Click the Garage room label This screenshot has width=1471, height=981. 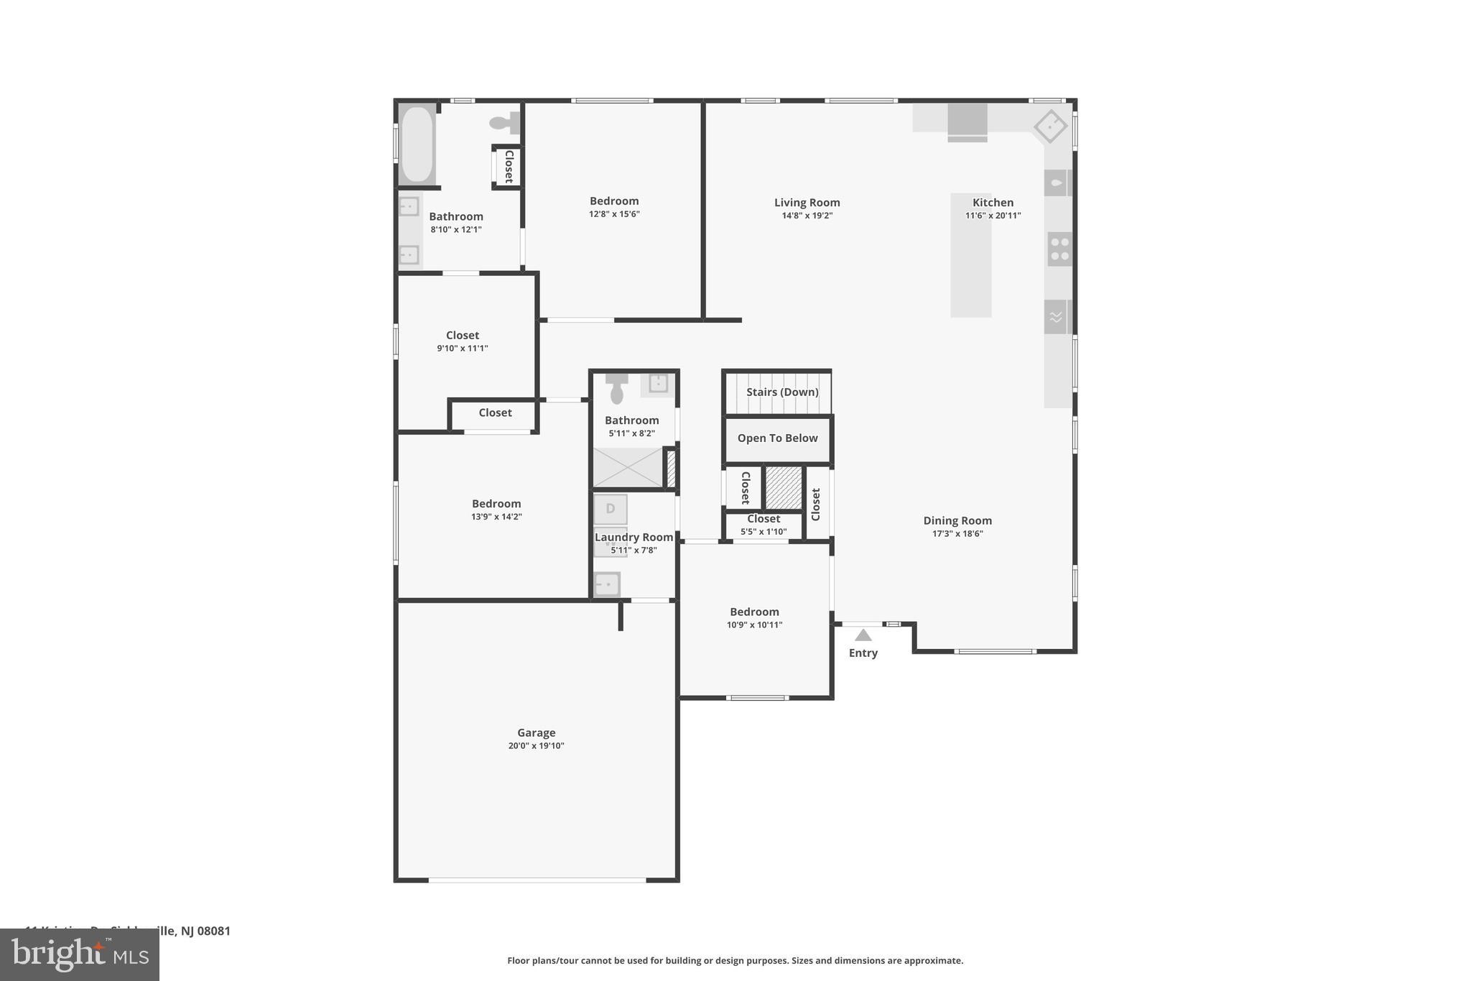536,733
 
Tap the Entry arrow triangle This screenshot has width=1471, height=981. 863,635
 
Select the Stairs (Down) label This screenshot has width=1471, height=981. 781,392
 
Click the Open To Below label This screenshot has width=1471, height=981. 777,438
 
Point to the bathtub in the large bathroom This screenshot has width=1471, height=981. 417,144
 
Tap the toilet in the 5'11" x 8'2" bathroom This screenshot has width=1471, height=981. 616,390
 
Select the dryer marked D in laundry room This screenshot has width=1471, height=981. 610,509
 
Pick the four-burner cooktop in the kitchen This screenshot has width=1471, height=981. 1059,249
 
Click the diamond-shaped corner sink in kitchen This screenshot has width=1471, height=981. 1049,126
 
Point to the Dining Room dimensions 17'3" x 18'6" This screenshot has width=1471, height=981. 957,534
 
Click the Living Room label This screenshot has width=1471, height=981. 807,203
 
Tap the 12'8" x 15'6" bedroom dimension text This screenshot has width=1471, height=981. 614,214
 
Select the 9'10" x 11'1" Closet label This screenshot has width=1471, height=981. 462,335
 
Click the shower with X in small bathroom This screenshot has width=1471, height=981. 627,467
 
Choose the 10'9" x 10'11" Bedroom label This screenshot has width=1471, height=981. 754,612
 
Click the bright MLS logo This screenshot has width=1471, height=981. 80,954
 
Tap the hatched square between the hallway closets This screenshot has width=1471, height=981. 783,487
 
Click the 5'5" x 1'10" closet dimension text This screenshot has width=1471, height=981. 764,532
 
